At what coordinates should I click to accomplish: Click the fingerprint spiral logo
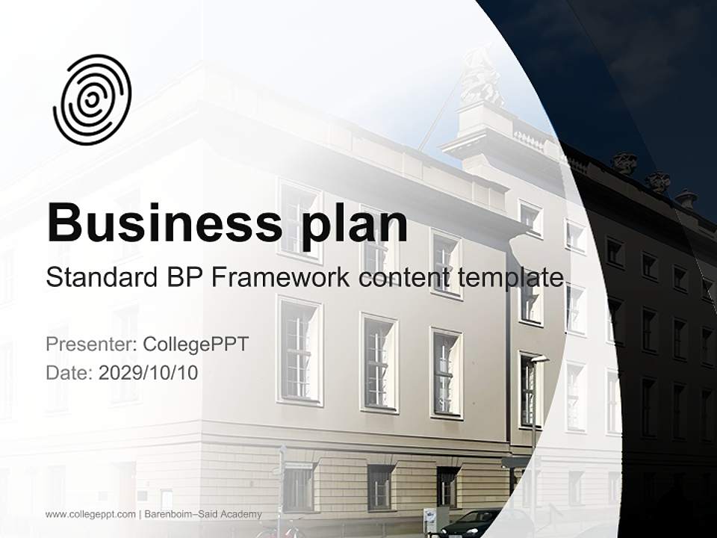(x=92, y=100)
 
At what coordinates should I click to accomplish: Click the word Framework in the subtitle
(x=280, y=278)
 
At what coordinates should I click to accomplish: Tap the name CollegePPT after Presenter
(x=196, y=344)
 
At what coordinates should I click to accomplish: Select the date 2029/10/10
(x=149, y=373)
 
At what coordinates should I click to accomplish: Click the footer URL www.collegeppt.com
(x=90, y=514)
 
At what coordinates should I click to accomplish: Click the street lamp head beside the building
(x=539, y=359)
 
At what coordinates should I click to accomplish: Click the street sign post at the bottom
(x=282, y=486)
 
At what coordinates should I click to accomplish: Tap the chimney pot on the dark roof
(x=686, y=197)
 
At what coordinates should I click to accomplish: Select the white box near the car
(x=430, y=519)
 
